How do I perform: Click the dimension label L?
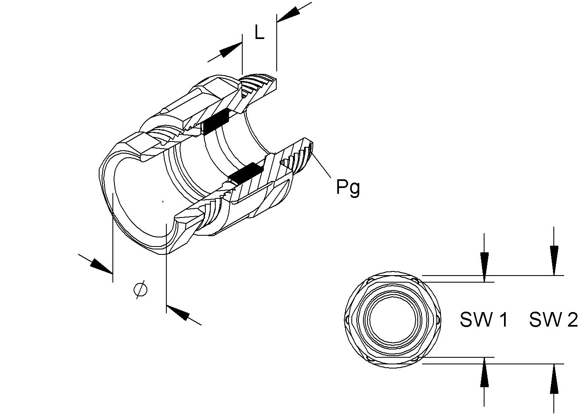pos(259,32)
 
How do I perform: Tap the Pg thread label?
pos(348,187)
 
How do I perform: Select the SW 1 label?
pos(484,320)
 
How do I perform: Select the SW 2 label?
pos(553,320)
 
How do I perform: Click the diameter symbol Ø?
pos(141,289)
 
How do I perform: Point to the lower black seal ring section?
pos(246,173)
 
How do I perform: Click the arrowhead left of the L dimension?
pos(229,51)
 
